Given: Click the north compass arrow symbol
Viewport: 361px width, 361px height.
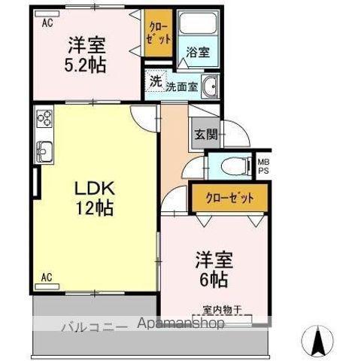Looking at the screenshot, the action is pos(317,341).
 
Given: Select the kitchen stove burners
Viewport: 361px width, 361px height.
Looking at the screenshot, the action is pos(44,118).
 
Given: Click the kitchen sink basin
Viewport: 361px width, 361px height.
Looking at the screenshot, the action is pos(44,152).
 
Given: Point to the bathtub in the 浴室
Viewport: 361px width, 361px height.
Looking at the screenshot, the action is pos(198,23).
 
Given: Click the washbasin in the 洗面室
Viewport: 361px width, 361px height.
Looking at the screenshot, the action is pos(211,87).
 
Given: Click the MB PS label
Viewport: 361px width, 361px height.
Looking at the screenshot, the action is pos(263,166).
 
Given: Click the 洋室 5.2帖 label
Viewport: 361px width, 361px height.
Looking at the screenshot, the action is pos(85,55).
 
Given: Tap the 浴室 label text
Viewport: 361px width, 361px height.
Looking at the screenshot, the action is pos(198,52).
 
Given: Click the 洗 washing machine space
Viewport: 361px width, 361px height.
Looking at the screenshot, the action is pos(156,81).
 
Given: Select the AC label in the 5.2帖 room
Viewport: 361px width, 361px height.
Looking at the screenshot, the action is pos(47,23).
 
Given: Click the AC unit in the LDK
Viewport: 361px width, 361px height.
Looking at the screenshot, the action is pos(47,287).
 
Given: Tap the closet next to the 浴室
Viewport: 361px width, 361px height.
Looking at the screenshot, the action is pos(158,33).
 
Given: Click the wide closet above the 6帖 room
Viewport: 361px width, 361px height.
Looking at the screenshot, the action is pos(229,198).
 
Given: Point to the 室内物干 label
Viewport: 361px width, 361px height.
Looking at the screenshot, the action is pos(222,309).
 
